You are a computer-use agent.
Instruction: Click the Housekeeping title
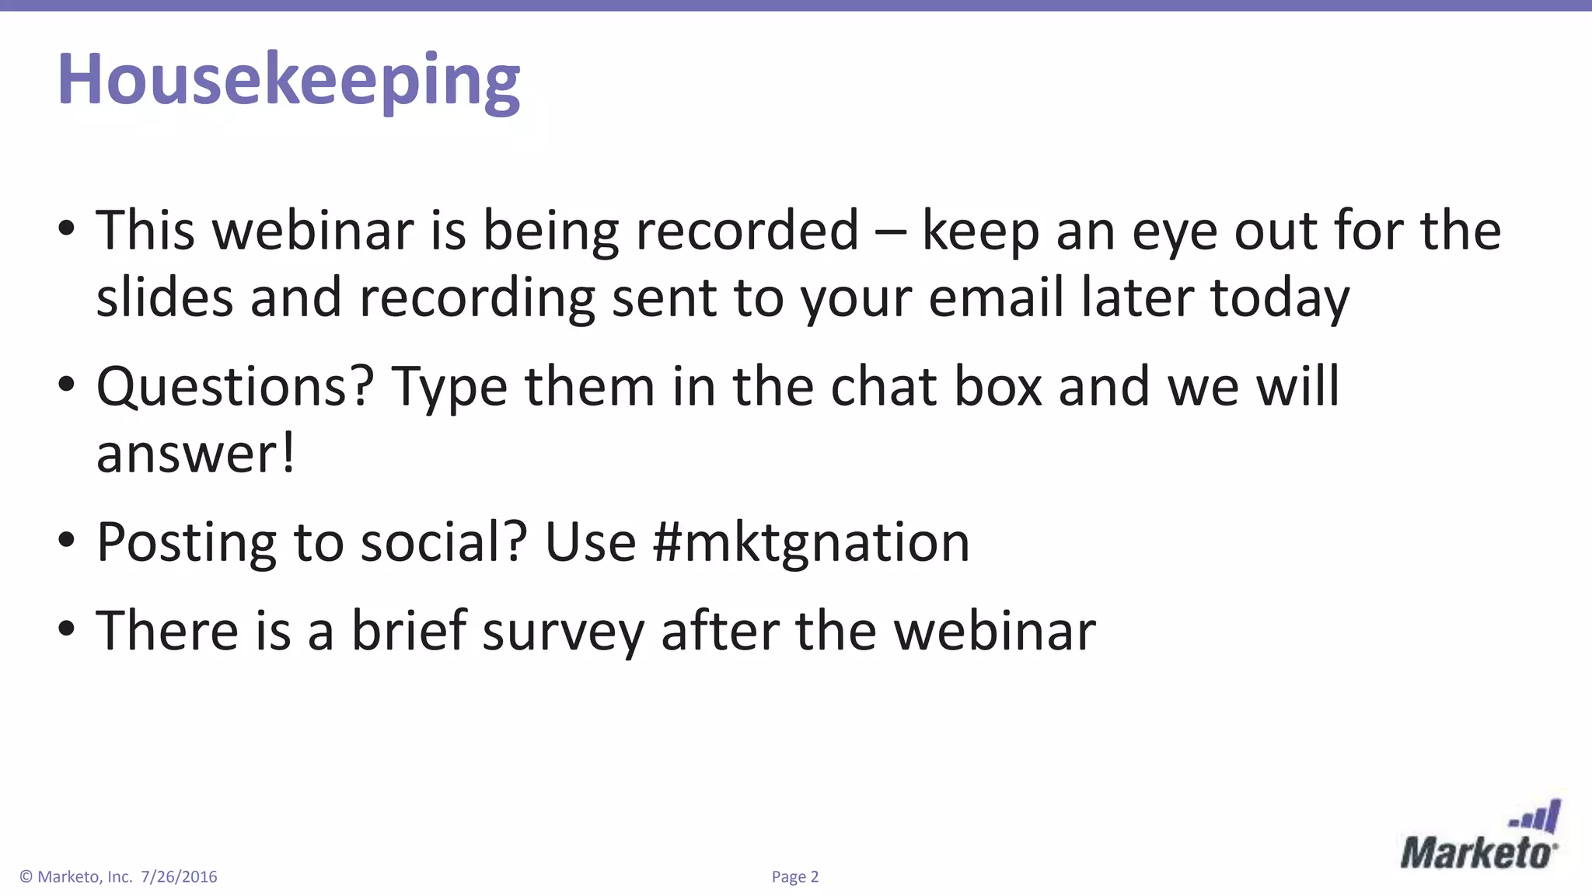[288, 80]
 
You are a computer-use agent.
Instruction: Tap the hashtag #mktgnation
[812, 542]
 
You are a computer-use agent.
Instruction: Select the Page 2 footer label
[794, 877]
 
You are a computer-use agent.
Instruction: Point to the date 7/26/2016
[179, 877]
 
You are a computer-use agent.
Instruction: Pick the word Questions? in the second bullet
[235, 386]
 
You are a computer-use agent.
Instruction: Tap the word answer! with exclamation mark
[195, 454]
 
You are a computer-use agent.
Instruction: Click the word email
[996, 298]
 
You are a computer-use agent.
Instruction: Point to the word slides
[164, 298]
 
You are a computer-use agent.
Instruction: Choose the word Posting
[186, 542]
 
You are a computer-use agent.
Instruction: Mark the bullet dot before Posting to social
[67, 539]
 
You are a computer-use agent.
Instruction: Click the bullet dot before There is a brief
[67, 628]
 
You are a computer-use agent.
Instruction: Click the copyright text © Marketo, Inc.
[75, 877]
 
